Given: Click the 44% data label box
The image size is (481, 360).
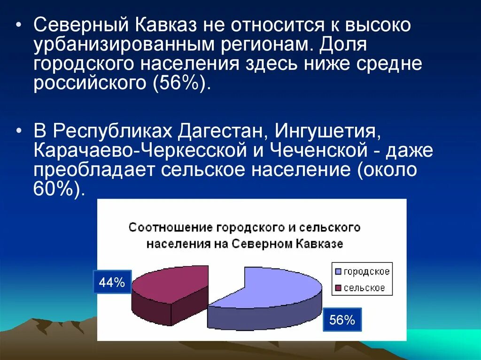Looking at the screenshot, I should tap(112, 283).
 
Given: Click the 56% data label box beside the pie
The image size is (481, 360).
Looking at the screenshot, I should tap(341, 320).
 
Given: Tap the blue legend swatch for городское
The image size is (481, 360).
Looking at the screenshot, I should tap(338, 272).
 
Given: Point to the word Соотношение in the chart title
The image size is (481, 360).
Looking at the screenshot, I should tap(171, 228).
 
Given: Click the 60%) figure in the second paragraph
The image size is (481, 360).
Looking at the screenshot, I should tap(60, 190).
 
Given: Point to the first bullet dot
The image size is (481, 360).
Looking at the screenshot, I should tap(18, 25).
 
